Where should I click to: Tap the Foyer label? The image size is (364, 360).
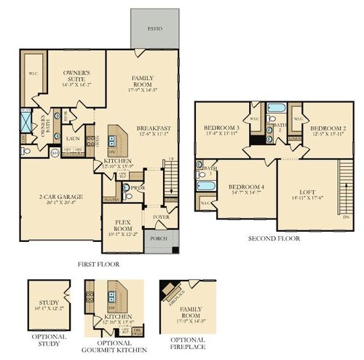[x=160, y=216]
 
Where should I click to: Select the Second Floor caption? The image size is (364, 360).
[x=273, y=238]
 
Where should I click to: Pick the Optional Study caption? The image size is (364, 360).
[x=50, y=340]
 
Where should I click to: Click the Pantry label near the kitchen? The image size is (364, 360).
[x=111, y=198]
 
